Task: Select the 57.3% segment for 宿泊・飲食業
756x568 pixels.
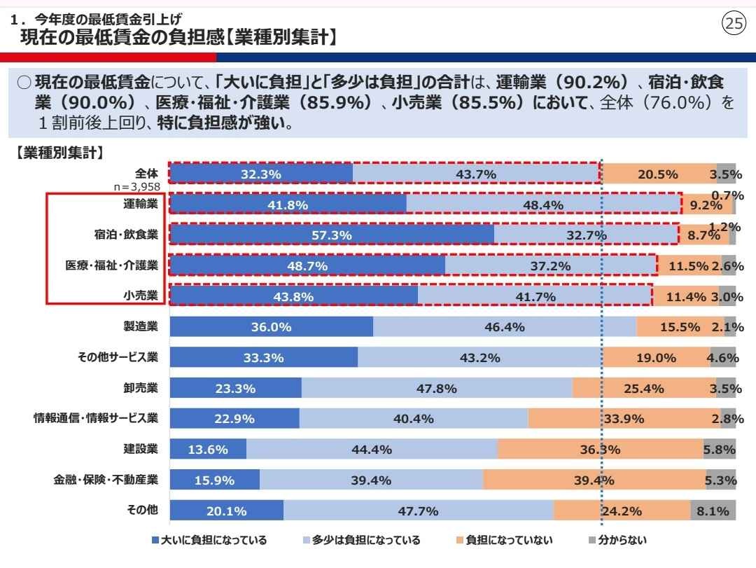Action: [332, 235]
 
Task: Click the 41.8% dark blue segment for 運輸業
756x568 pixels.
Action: [288, 204]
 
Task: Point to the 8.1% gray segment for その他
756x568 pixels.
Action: [713, 511]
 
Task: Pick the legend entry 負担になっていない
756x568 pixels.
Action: [504, 540]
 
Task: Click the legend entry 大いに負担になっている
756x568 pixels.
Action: [209, 540]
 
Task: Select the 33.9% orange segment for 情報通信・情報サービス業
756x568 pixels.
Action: [624, 419]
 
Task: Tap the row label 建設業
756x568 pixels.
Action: [141, 449]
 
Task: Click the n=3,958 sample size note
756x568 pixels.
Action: [137, 186]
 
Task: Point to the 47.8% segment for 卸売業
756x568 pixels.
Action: [437, 388]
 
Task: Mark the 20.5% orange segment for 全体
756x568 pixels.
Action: [657, 174]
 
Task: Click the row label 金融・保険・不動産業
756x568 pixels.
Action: [106, 480]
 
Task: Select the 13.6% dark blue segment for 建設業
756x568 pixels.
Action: [209, 450]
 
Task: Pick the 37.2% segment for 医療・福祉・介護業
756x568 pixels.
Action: [550, 265]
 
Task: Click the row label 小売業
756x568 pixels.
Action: [141, 296]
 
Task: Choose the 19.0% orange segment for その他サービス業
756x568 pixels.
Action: [656, 357]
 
